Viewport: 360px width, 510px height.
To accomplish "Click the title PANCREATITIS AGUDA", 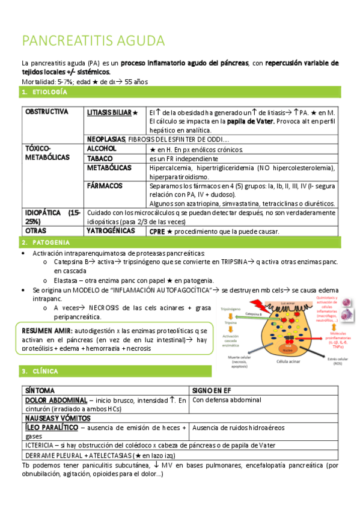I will (x=93, y=41).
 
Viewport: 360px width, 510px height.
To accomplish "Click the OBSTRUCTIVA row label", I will (x=47, y=112).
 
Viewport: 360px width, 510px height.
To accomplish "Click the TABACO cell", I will (x=99, y=158).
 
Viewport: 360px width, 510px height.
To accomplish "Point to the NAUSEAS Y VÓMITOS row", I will (x=58, y=417).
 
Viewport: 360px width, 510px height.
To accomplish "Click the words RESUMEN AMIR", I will (x=47, y=331).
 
